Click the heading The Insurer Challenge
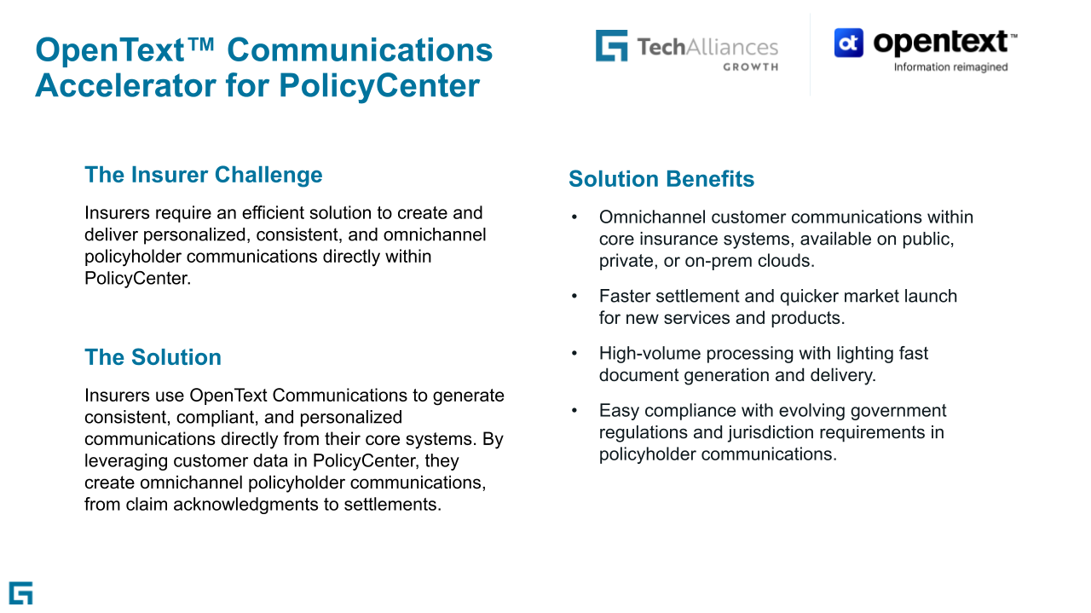[203, 175]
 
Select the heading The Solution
[153, 356]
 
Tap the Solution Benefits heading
[661, 179]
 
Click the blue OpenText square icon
[848, 43]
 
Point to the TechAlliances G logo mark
[611, 46]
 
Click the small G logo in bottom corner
[20, 593]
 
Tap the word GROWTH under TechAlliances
[750, 67]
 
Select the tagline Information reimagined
[950, 67]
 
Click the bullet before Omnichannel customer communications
[574, 217]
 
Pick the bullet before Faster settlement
[574, 296]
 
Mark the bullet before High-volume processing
[574, 353]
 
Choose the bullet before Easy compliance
[574, 411]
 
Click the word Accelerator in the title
[125, 86]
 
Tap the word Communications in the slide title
[360, 50]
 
